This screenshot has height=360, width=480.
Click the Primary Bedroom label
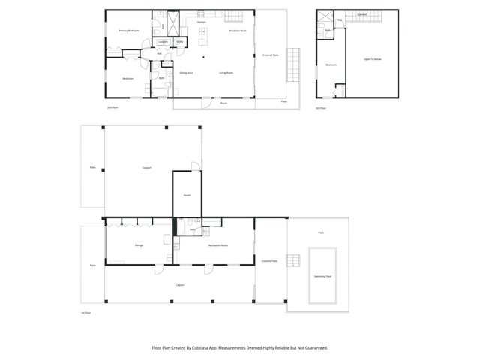coord(128,31)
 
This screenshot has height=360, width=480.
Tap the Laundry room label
coord(162,42)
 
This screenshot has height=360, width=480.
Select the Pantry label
coord(179,42)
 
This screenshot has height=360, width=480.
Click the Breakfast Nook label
coord(238,31)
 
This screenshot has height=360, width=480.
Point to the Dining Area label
coord(186,73)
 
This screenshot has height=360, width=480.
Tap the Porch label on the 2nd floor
coord(223,103)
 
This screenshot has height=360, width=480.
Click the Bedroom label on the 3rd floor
coord(331,65)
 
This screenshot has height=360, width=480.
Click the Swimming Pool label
coord(325,276)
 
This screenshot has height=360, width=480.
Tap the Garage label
coord(139,245)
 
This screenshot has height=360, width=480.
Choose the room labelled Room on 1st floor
coord(187,195)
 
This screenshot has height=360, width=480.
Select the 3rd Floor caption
coord(321,108)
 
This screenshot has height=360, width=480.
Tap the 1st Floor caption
coord(85,312)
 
